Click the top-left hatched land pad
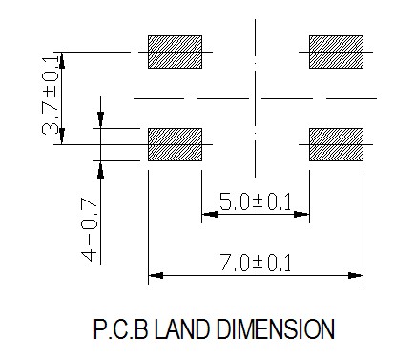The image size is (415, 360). pyautogui.click(x=175, y=52)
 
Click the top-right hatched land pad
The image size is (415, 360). pyautogui.click(x=336, y=52)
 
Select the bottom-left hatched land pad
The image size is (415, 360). pyautogui.click(x=175, y=144)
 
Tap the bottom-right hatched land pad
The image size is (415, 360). pyautogui.click(x=336, y=144)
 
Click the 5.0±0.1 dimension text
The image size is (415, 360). pyautogui.click(x=256, y=201)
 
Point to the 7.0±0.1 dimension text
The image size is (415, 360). pyautogui.click(x=256, y=263)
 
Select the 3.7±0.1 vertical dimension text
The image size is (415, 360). pyautogui.click(x=51, y=95)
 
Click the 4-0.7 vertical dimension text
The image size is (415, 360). pyautogui.click(x=89, y=229)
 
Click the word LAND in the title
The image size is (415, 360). pyautogui.click(x=182, y=329)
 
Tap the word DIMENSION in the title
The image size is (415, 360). pyautogui.click(x=276, y=329)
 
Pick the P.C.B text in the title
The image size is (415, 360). pyautogui.click(x=121, y=329)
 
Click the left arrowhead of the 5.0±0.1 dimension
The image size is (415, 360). pyautogui.click(x=210, y=214)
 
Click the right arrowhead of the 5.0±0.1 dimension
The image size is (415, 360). pyautogui.click(x=301, y=214)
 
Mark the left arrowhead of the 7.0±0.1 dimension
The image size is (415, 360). pyautogui.click(x=156, y=275)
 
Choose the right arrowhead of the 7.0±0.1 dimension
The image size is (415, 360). pyautogui.click(x=355, y=275)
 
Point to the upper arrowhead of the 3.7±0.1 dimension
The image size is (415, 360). pyautogui.click(x=62, y=60)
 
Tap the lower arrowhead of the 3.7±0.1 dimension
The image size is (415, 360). pyautogui.click(x=62, y=136)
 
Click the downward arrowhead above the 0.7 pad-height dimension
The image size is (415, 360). pyautogui.click(x=100, y=120)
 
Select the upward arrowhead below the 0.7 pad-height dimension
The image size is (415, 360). pyautogui.click(x=100, y=169)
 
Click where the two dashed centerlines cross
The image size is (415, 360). pyautogui.click(x=255, y=98)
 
